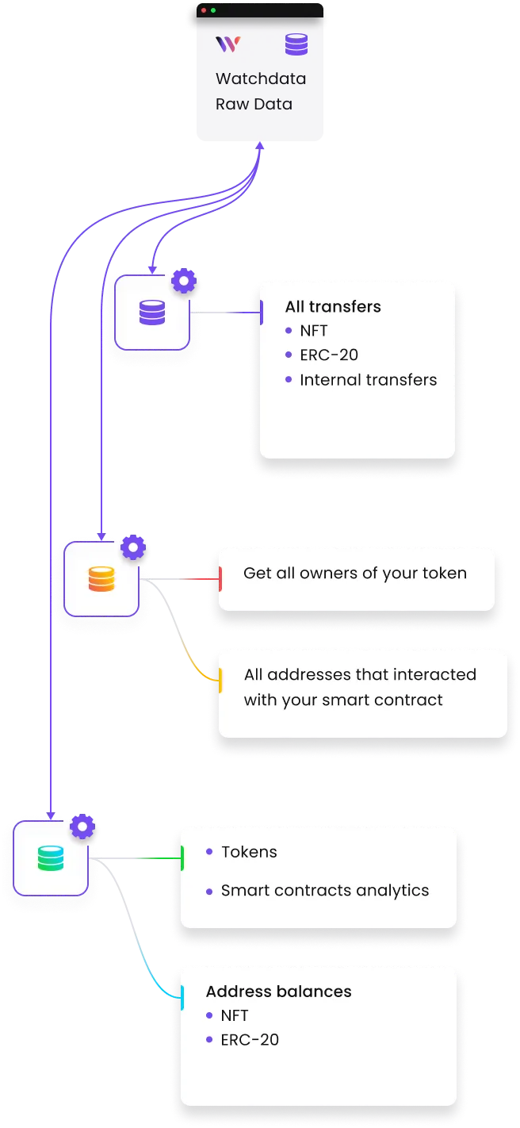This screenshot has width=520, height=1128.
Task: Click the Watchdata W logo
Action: pos(227,44)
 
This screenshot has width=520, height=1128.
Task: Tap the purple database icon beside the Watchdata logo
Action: pos(296,44)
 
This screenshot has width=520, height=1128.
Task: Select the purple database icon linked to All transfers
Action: pos(151,312)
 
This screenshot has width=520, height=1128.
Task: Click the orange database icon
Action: pos(101,578)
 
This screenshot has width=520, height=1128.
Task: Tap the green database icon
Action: pos(50,858)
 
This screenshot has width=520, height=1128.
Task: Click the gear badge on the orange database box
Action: pos(132,547)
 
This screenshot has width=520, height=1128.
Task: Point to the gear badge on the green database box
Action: pos(82,827)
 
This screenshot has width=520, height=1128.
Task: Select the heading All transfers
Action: pos(333,307)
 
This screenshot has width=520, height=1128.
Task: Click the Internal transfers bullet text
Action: pos(368,380)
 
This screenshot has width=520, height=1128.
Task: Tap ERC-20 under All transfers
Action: pos(329,355)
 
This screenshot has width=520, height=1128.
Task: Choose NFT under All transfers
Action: pos(314,331)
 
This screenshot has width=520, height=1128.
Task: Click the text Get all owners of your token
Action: pos(354,574)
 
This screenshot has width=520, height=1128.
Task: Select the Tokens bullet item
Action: pos(249,852)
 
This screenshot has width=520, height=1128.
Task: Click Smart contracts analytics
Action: pos(325,891)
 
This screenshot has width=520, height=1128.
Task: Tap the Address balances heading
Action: pos(278,992)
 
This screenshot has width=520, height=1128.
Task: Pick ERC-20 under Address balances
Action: pos(250,1040)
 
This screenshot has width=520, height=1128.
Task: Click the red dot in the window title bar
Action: pos(204,10)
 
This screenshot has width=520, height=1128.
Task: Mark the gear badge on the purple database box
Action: pos(184,281)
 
